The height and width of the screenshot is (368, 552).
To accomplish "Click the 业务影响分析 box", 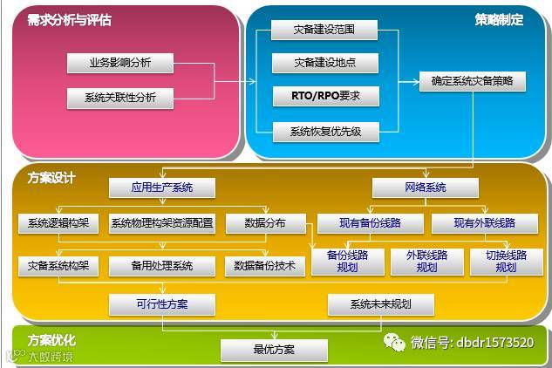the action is click(119, 64).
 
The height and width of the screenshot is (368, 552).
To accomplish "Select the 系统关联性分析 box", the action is click(119, 98).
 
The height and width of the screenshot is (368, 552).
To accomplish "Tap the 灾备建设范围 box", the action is click(324, 31).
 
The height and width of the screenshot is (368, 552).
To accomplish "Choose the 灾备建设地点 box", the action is click(324, 63).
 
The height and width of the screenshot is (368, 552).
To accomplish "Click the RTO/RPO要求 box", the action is click(324, 95).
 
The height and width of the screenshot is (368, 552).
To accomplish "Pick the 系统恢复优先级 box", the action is click(324, 132).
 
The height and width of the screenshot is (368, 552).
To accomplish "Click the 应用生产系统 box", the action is click(162, 187).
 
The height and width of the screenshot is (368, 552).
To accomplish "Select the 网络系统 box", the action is click(426, 187).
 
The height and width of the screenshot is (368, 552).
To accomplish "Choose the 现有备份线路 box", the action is click(370, 223).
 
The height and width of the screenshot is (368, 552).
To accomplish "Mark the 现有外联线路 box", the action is click(484, 223).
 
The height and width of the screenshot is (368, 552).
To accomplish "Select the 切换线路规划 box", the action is click(506, 262).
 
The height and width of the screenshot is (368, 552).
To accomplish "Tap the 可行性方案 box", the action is click(161, 304).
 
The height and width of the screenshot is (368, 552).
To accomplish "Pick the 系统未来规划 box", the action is click(380, 304).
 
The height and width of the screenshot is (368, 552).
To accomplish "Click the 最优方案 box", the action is click(274, 350).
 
